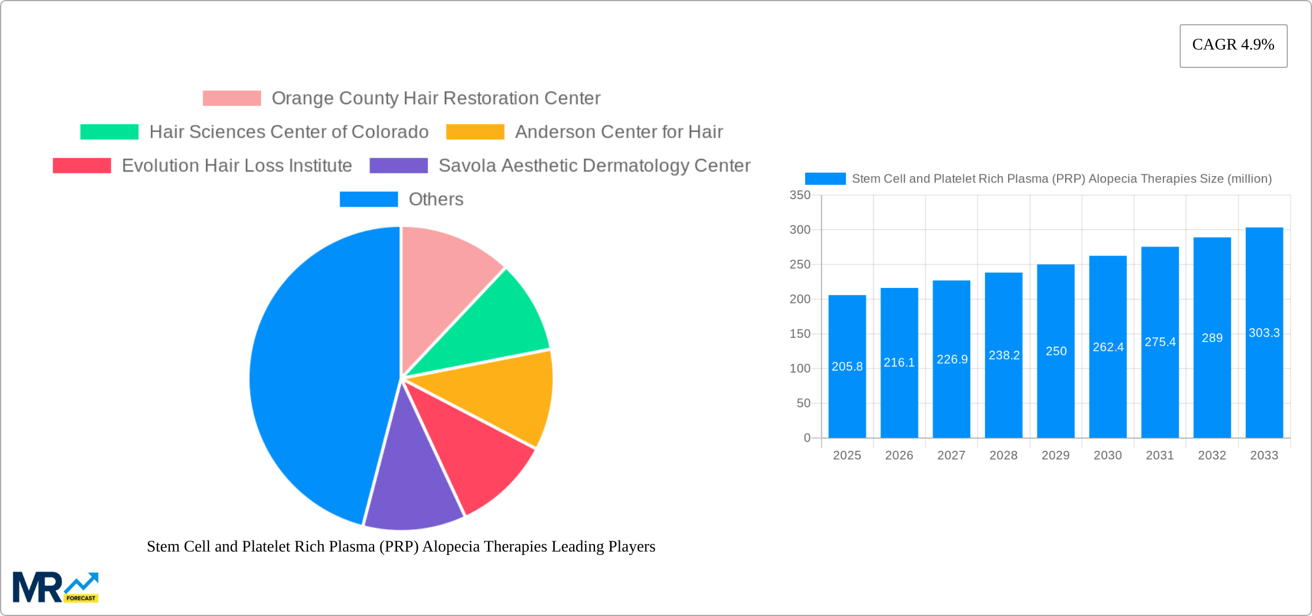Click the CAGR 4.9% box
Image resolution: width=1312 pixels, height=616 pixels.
[1233, 45]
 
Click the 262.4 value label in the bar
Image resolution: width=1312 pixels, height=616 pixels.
[1108, 347]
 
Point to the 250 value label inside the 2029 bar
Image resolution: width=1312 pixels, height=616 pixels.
[1056, 351]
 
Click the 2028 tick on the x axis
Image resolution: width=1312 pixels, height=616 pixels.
[1003, 455]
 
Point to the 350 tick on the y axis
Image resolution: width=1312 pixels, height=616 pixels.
[799, 195]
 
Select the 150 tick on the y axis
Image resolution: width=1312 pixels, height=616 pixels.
[799, 334]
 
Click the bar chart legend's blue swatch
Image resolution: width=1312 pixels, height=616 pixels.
[825, 179]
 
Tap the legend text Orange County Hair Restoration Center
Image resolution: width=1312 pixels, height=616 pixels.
[436, 98]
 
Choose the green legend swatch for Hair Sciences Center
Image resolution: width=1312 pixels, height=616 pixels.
[109, 132]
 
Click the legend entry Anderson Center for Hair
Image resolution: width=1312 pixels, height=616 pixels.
[619, 132]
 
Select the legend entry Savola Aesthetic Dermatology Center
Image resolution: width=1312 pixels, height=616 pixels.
[594, 166]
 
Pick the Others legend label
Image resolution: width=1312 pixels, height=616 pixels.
[436, 199]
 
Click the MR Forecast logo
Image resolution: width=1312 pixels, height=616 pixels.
[55, 587]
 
